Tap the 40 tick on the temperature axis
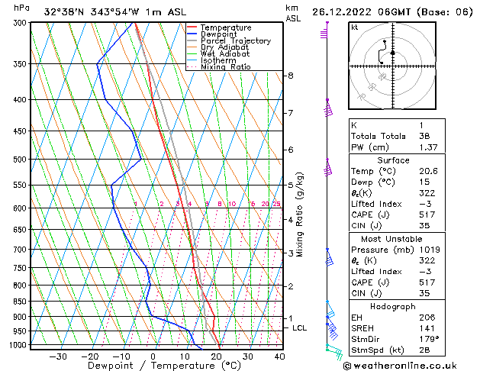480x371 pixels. point(279,356)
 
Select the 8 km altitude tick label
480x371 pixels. point(291,76)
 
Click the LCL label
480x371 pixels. point(300,328)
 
